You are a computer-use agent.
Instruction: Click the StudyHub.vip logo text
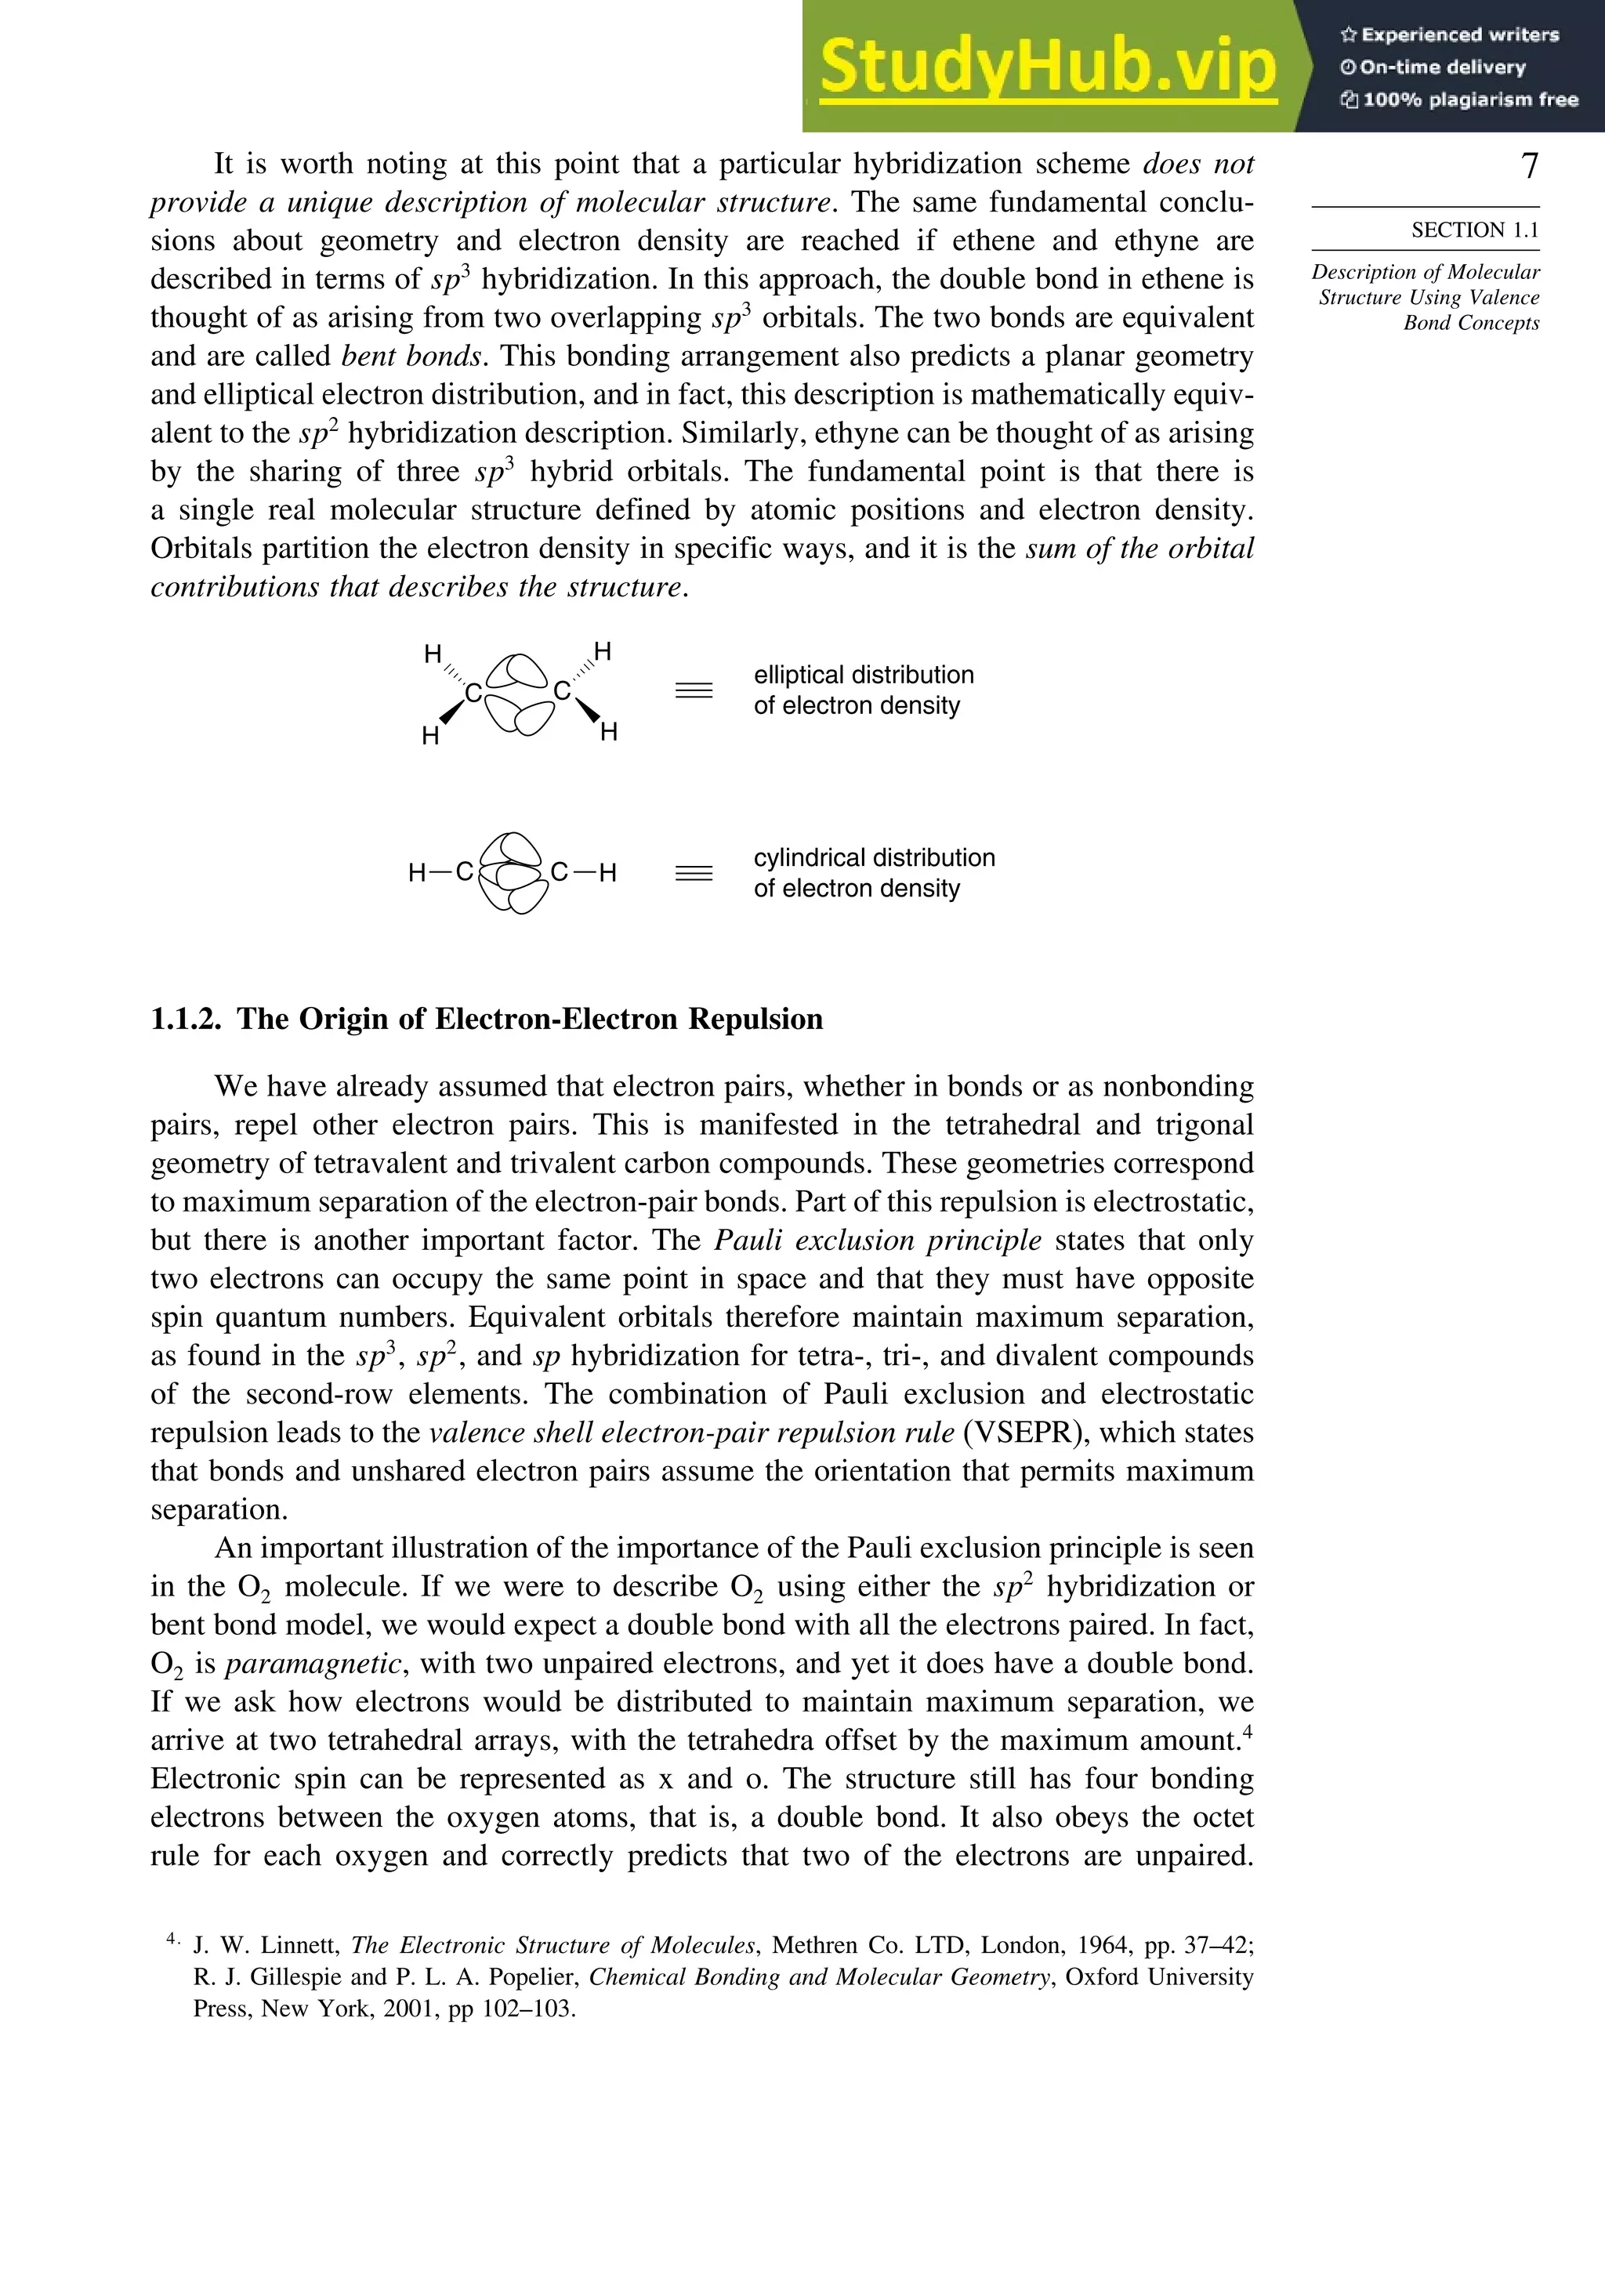1047,66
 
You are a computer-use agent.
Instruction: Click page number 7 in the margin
1528,166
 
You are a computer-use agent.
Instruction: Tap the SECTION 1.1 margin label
1474,230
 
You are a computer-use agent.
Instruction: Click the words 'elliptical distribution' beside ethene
863,675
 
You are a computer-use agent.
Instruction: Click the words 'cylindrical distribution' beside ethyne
874,858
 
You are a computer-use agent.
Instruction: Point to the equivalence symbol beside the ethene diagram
694,690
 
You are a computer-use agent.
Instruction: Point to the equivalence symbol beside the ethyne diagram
694,873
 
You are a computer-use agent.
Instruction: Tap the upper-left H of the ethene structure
433,654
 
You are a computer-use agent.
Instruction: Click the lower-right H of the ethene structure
609,732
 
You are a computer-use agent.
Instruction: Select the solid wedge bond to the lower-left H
451,711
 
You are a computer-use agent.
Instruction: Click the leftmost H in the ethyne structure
418,873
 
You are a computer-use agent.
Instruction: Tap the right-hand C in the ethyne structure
560,873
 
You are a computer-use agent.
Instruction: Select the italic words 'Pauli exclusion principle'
878,1241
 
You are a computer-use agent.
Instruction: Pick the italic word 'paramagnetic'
313,1664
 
